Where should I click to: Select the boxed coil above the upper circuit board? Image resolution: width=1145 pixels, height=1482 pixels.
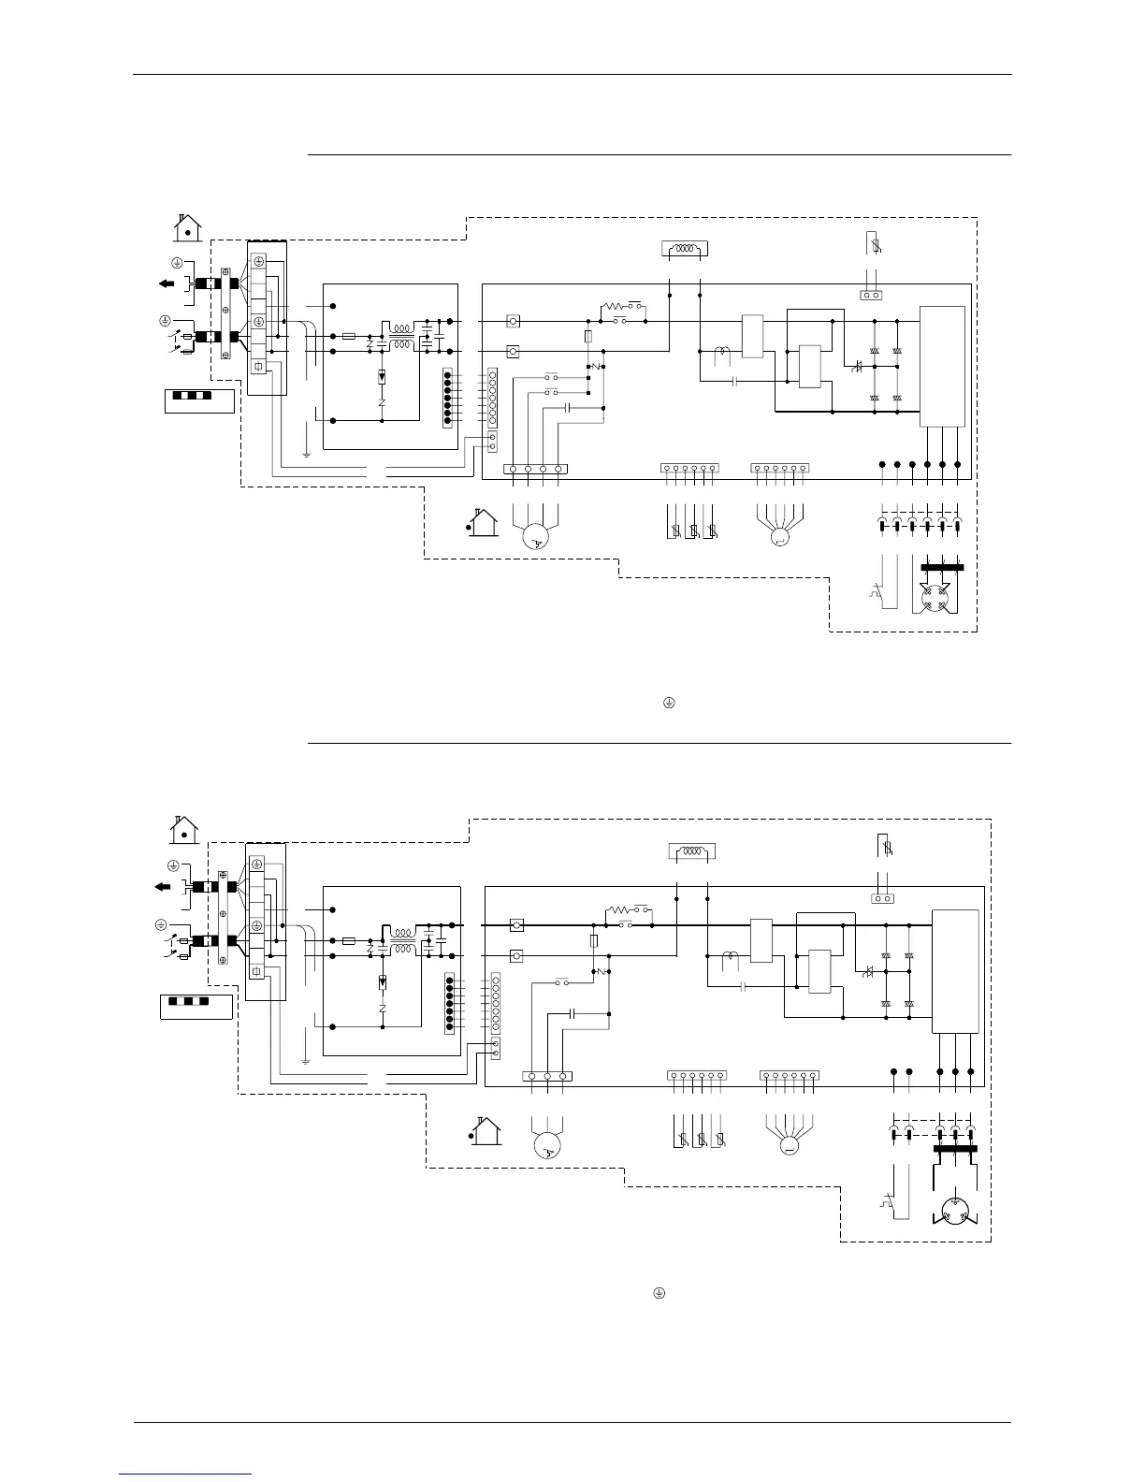pos(685,249)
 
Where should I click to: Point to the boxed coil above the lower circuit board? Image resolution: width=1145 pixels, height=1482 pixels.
pos(692,852)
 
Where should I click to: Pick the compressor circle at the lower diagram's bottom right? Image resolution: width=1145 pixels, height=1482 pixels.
pos(954,1207)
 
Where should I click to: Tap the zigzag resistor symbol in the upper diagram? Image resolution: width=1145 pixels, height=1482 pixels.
pos(618,306)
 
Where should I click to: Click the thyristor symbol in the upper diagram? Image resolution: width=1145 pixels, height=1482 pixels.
pos(857,367)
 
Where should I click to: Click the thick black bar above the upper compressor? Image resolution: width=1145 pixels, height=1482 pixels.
pos(942,567)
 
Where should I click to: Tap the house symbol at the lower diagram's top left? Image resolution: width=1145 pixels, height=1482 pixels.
pos(184,830)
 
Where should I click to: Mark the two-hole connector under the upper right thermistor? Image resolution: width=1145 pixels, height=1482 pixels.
pos(872,295)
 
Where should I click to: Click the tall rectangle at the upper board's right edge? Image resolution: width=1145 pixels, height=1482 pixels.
pos(942,366)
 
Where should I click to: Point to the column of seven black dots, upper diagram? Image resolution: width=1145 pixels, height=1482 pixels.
pos(448,398)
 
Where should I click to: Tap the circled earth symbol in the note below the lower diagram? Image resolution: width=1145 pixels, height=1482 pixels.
pos(659,1292)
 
